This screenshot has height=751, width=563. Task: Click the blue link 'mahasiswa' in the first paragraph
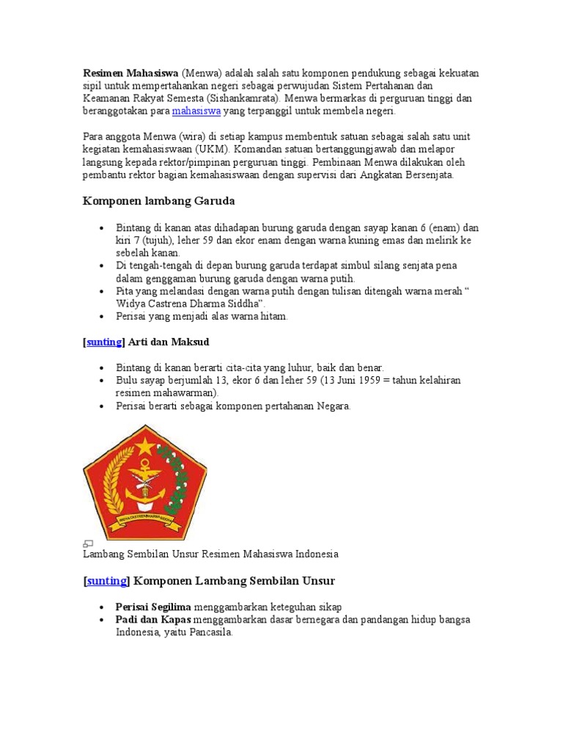(x=196, y=111)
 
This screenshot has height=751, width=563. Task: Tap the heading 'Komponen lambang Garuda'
(x=159, y=200)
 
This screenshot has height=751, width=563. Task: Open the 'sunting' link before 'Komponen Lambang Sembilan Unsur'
(x=107, y=581)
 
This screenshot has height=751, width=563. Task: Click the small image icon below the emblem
(x=88, y=543)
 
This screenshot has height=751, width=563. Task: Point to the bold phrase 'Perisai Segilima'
(x=153, y=607)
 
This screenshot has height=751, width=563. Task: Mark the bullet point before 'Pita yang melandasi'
(x=102, y=291)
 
